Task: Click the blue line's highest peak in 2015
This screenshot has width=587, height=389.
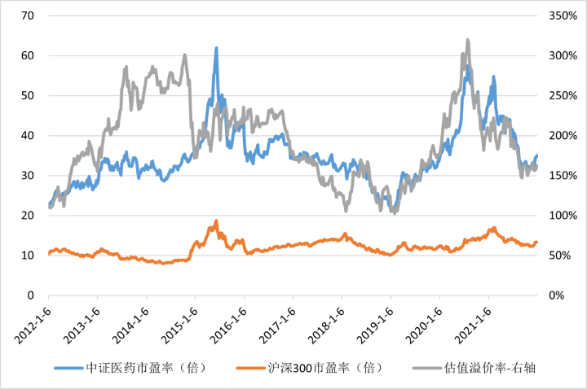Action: point(216,48)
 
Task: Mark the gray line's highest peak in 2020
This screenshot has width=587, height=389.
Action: point(467,40)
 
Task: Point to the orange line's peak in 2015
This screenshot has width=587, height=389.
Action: point(216,221)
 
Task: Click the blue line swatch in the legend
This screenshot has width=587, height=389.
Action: point(69,367)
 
